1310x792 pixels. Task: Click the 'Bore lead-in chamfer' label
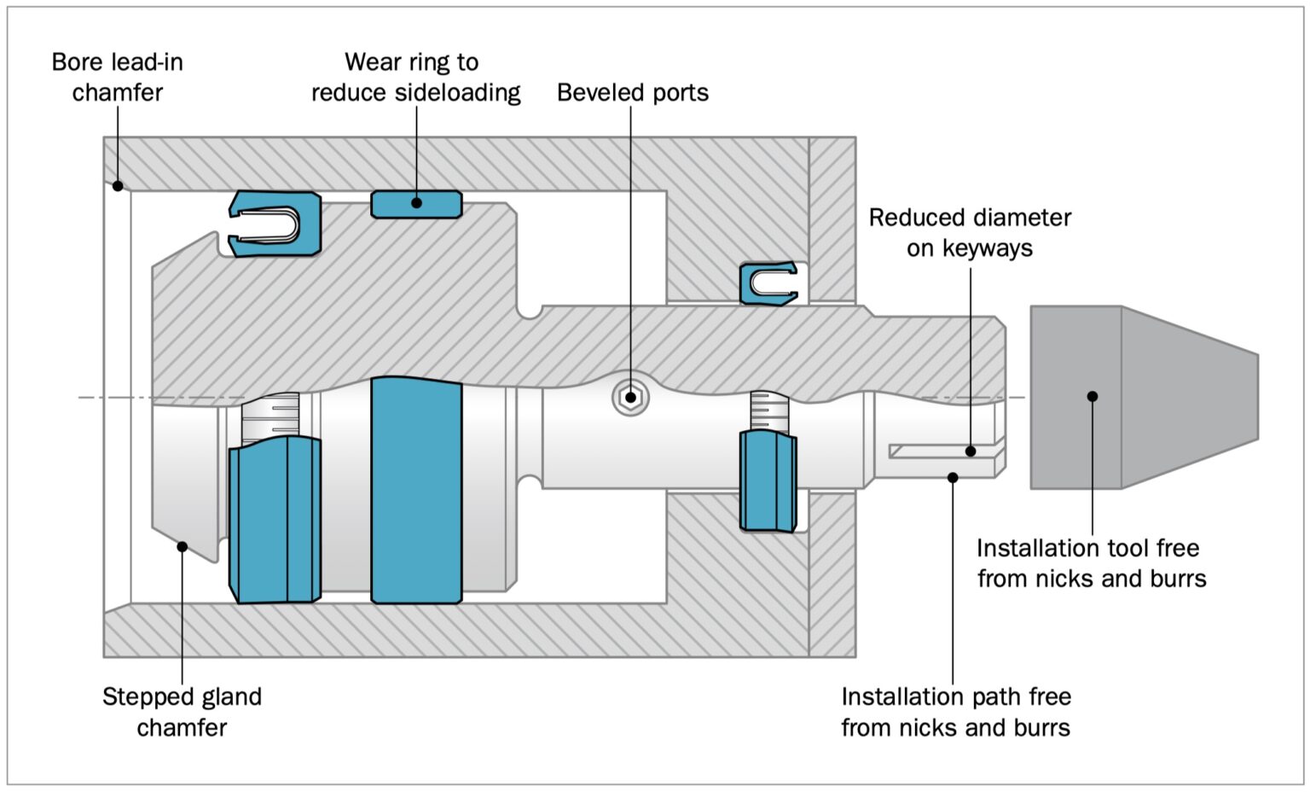coord(117,77)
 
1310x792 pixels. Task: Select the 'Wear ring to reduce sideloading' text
coord(415,77)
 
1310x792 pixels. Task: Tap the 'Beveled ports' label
coord(632,92)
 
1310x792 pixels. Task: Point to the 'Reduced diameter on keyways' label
coord(970,232)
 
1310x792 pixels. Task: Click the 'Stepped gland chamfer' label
coord(182,712)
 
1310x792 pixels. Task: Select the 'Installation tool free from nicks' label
coord(1091,563)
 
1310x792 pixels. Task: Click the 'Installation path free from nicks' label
coord(955,712)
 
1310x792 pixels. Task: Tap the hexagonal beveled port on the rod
coord(630,398)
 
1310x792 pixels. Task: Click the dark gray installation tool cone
coord(1143,398)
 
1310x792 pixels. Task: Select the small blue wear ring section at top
coord(416,204)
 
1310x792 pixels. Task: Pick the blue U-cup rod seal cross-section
coord(768,283)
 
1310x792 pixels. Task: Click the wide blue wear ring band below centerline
coord(416,491)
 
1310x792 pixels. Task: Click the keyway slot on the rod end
coord(942,451)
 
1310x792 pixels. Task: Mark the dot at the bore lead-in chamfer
coord(118,185)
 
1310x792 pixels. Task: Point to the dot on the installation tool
coord(1092,396)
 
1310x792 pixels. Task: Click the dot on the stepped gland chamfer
coord(182,546)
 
